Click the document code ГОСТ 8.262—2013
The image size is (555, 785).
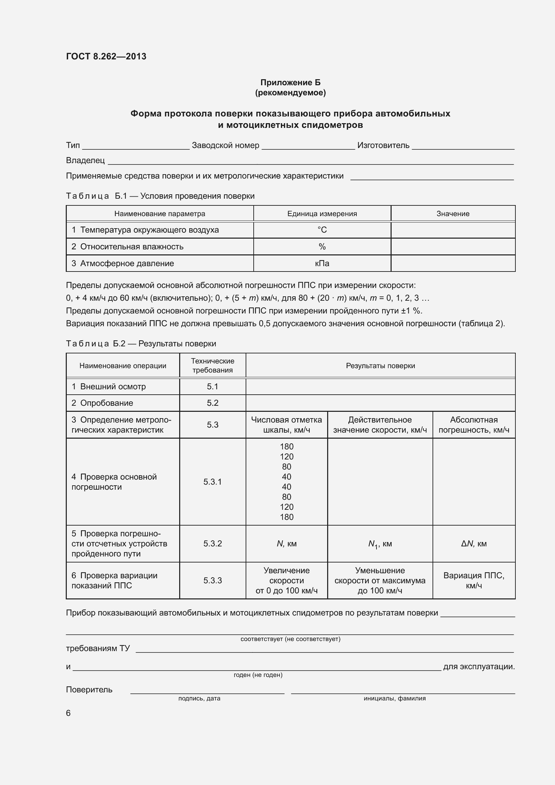pos(106,56)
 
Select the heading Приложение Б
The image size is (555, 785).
pos(290,83)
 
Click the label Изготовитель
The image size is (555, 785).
pos(383,145)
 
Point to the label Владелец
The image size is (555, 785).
pos(85,160)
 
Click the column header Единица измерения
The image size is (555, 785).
pos(322,214)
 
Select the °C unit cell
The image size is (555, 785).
pos(322,230)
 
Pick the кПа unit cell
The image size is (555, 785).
pos(322,263)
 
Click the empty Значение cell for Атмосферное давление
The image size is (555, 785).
pos(453,263)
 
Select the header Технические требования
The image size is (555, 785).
pos(212,365)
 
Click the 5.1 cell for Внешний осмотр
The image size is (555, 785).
pos(212,386)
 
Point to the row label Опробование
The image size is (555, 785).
pos(106,403)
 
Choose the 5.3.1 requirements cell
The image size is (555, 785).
pos(212,482)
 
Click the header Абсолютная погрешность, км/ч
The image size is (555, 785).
pos(474,425)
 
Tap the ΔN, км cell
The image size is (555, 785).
pos(474,544)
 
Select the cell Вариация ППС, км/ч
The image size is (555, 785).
pos(474,580)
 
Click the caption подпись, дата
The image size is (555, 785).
pos(199,698)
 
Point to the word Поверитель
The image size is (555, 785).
pos(89,689)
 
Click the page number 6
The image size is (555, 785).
pos(68,713)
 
